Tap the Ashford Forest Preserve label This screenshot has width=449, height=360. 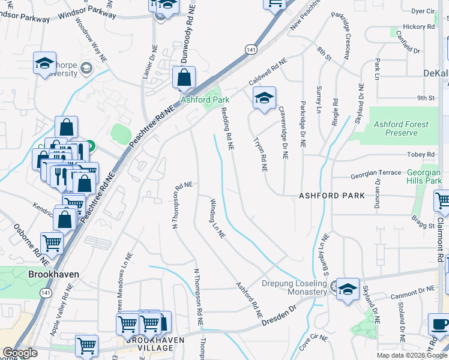pyautogui.click(x=401, y=128)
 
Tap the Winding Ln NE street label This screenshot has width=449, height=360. pyautogui.click(x=217, y=219)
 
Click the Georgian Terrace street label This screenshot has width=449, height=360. pyautogui.click(x=376, y=173)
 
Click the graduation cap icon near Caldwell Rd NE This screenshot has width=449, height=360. pyautogui.click(x=264, y=98)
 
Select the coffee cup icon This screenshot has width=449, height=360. pyautogui.click(x=439, y=325)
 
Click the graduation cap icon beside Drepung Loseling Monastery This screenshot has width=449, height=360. pyautogui.click(x=347, y=290)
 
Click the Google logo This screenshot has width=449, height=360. pyautogui.click(x=20, y=353)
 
